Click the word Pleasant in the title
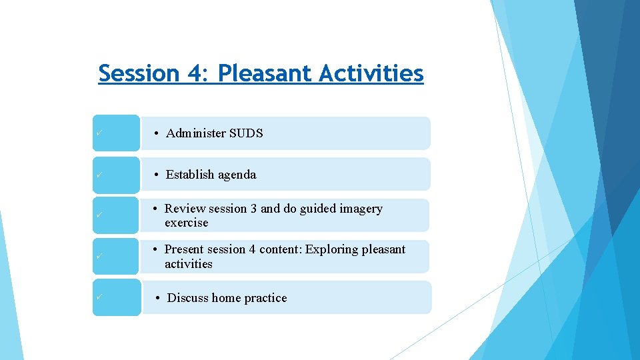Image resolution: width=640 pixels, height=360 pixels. pos(265,73)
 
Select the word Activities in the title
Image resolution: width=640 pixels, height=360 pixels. pos(371,73)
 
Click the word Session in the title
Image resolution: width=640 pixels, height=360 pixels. pos(138,73)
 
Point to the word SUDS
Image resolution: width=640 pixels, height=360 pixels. pos(246,133)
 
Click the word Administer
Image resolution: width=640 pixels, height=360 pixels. pos(196,133)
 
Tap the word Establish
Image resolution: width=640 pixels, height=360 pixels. pos(191,175)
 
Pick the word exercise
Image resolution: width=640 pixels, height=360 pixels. pos(187,223)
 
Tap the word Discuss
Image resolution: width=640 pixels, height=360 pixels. pos(188,298)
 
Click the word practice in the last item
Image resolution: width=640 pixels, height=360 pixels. pos(265,298)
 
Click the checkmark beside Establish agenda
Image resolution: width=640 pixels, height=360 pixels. pos(98,174)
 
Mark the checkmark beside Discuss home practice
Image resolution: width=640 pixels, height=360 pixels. pos(98,297)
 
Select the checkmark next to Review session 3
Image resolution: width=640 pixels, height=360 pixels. pos(98,215)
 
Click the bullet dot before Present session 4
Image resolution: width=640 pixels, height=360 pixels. pos(154,249)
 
